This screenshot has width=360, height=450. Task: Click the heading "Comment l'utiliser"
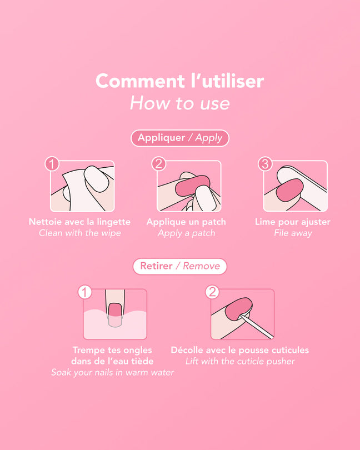pos(179,81)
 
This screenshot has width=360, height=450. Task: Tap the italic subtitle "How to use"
pos(180,103)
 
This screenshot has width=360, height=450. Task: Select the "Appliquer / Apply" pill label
pos(180,138)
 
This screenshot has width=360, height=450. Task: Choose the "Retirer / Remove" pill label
pos(180,266)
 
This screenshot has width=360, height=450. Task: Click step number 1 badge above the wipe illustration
pos(52,164)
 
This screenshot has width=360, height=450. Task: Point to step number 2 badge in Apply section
pos(159,164)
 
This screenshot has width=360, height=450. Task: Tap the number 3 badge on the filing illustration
pos(265,164)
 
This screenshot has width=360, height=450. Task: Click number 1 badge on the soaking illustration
pos(84,292)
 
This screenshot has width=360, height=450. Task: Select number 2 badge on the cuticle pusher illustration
pos(212,292)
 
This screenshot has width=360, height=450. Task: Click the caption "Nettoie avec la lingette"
pos(80,222)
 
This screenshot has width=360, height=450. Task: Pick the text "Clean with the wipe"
pos(80,233)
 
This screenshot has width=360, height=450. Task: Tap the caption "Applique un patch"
pos(186,222)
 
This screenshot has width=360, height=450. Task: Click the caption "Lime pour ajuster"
pos(293,222)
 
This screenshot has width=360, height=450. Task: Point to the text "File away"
pos(293,233)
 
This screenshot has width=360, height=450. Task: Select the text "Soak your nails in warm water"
pos(113,372)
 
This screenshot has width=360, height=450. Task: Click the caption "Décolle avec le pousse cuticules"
pos(240,350)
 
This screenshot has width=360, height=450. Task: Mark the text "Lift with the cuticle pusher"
pos(240,361)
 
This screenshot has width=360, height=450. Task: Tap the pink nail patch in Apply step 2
pos(192,186)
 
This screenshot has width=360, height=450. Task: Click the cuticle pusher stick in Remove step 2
pos(256,326)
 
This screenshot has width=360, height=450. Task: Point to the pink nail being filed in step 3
pos(289,189)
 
